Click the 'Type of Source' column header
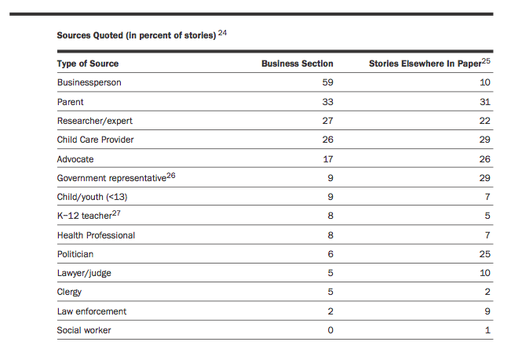[x=88, y=64]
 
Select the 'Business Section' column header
[x=297, y=64]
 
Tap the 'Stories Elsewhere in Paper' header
[x=425, y=64]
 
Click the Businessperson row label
[x=89, y=82]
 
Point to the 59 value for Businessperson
[x=327, y=82]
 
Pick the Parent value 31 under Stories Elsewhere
[x=485, y=101]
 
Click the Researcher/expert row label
[x=94, y=121]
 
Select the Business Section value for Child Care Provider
[x=327, y=140]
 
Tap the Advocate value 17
[x=328, y=159]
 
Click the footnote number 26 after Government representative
[x=171, y=176]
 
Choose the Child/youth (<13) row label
[x=92, y=197]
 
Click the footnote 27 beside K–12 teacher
[x=116, y=213]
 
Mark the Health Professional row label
[x=96, y=235]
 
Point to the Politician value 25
[x=485, y=254]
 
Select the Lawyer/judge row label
[x=84, y=273]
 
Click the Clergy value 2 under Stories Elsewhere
[x=487, y=292]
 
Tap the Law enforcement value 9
[x=487, y=311]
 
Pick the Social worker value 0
[x=330, y=330]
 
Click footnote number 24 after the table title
[x=222, y=33]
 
